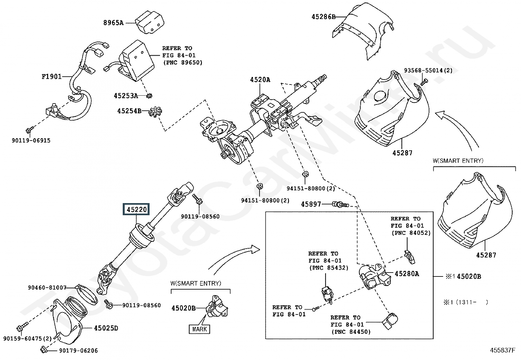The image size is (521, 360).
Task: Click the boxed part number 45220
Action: (x=136, y=209)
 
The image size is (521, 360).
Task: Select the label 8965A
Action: (x=113, y=23)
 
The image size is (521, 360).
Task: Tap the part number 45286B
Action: (x=324, y=17)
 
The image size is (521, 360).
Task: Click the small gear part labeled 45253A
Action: (x=150, y=95)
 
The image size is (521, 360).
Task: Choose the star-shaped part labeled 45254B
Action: (x=155, y=112)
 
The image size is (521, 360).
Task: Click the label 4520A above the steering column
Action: (x=260, y=80)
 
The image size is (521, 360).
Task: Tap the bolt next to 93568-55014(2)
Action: (x=424, y=82)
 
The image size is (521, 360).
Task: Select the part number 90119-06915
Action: (x=31, y=141)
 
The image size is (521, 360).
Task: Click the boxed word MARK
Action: (x=199, y=329)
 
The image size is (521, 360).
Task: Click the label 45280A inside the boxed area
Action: (x=407, y=274)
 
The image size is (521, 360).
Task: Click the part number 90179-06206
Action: (x=79, y=351)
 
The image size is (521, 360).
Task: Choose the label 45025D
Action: (x=106, y=328)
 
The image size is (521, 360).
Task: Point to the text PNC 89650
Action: (x=183, y=63)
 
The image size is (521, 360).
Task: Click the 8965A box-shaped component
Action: (x=150, y=22)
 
